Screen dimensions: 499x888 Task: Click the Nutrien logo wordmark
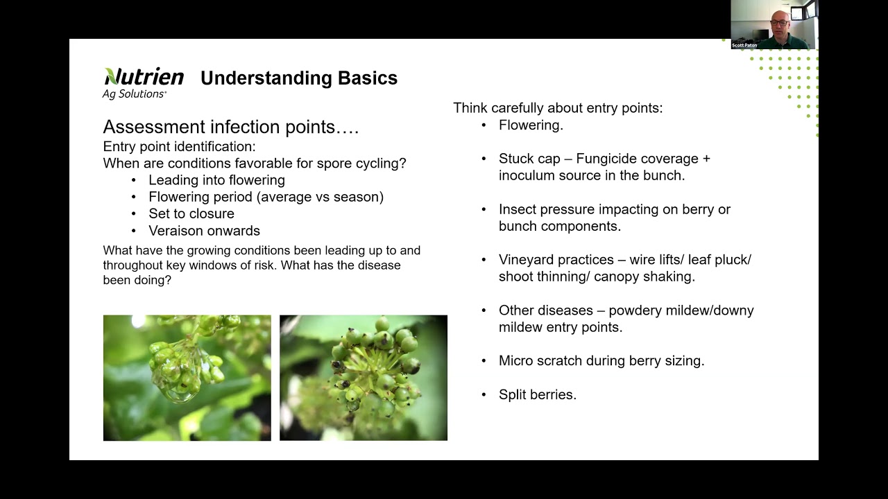point(144,76)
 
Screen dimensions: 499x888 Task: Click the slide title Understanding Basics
point(298,78)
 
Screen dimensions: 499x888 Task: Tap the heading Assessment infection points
point(230,127)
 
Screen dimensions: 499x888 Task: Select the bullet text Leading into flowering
point(216,180)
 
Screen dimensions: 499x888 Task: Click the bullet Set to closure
point(191,213)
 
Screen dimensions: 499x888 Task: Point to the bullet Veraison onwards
point(204,231)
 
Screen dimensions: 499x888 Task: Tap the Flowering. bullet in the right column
point(531,125)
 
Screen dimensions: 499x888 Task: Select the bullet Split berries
point(537,394)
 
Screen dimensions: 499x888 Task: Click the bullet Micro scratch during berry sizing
point(601,360)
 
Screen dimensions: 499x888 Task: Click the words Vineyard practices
point(556,260)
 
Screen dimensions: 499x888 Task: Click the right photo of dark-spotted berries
point(363,378)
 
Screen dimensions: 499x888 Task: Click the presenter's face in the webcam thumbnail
point(778,23)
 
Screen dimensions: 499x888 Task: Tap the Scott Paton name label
point(744,45)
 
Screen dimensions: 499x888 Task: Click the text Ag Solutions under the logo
point(134,94)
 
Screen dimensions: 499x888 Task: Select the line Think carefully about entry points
point(558,108)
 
